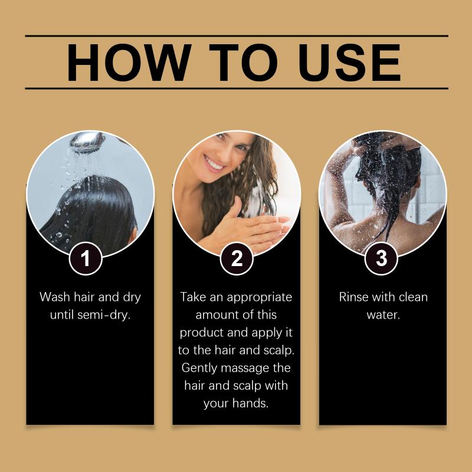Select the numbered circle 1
86,258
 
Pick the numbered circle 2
237,258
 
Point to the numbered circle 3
381,258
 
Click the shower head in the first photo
88,141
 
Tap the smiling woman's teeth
214,163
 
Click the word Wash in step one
54,297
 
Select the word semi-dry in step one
104,315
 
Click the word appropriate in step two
260,298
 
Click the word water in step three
383,315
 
